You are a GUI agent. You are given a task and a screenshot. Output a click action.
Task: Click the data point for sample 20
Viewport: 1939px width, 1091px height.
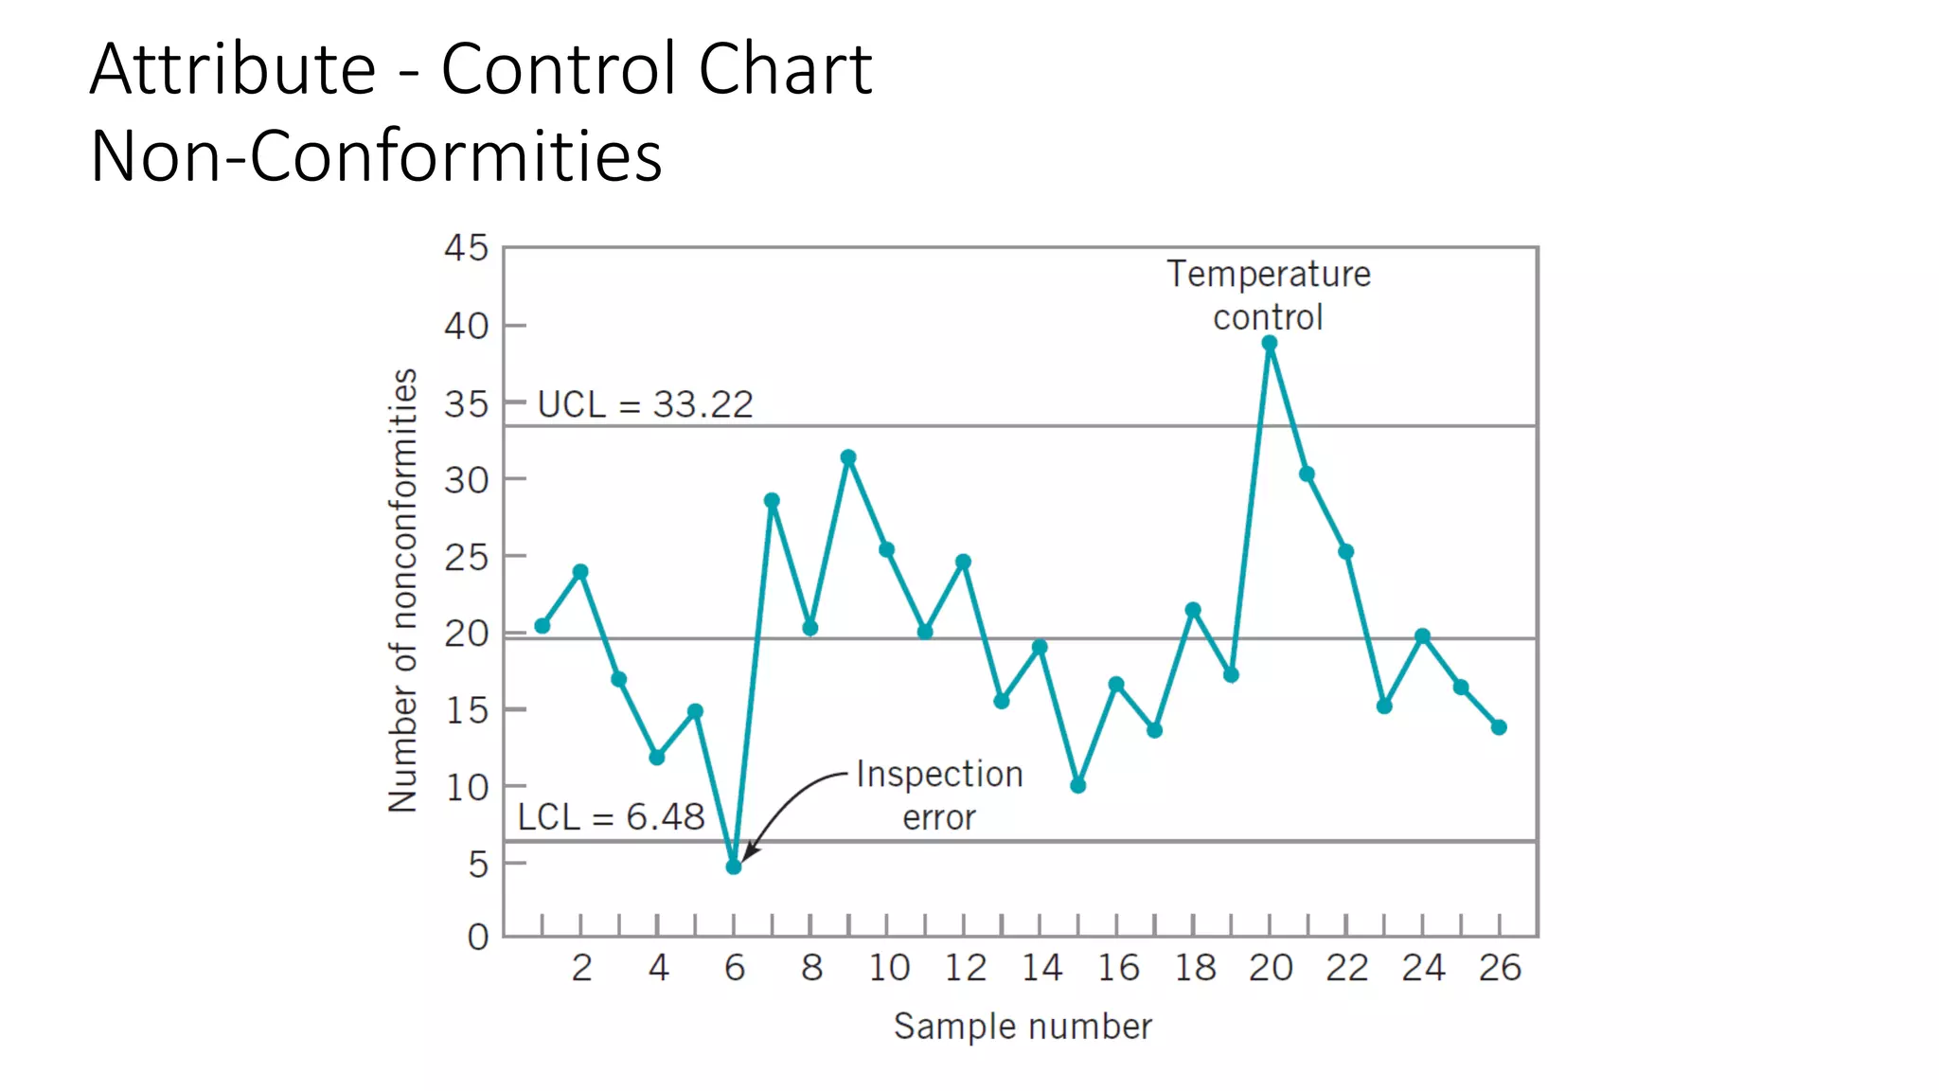tap(1270, 344)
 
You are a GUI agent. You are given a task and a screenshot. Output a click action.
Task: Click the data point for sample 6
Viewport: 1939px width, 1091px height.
tap(734, 867)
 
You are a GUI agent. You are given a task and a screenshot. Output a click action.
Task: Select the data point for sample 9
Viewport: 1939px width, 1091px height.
tap(848, 457)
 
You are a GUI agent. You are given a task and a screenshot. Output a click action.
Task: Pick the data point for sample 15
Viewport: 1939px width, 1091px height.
tap(1078, 785)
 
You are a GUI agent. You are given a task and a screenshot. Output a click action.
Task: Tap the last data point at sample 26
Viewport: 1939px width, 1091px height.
tap(1499, 727)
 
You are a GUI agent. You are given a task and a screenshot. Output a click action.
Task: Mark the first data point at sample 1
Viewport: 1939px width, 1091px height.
tap(543, 626)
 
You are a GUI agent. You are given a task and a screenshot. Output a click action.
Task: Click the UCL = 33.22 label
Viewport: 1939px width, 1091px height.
tap(645, 404)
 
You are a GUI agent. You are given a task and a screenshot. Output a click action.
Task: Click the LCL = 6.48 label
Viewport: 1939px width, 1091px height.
tap(611, 816)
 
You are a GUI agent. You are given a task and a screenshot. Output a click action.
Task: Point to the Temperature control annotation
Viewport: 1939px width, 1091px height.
tap(1268, 295)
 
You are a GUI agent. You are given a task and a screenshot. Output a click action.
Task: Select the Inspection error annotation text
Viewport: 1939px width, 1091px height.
tap(939, 796)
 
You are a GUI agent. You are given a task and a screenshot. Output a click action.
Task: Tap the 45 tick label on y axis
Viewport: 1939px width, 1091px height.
tap(466, 248)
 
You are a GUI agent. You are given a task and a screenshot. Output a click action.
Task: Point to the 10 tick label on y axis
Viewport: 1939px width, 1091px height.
tap(466, 787)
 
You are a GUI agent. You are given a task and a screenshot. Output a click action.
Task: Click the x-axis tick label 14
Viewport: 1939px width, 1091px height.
tap(1041, 968)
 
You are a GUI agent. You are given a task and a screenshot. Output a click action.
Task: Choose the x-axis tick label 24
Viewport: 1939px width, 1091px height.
tap(1423, 968)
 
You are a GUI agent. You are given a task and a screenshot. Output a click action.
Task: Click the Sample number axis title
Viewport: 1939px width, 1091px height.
tap(1023, 1027)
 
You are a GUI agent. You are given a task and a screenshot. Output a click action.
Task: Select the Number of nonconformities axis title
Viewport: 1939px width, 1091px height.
tap(403, 590)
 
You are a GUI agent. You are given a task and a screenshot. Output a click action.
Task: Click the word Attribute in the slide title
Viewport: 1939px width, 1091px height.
tap(233, 69)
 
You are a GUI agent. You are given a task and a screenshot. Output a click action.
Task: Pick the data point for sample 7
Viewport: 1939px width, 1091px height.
tap(772, 500)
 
